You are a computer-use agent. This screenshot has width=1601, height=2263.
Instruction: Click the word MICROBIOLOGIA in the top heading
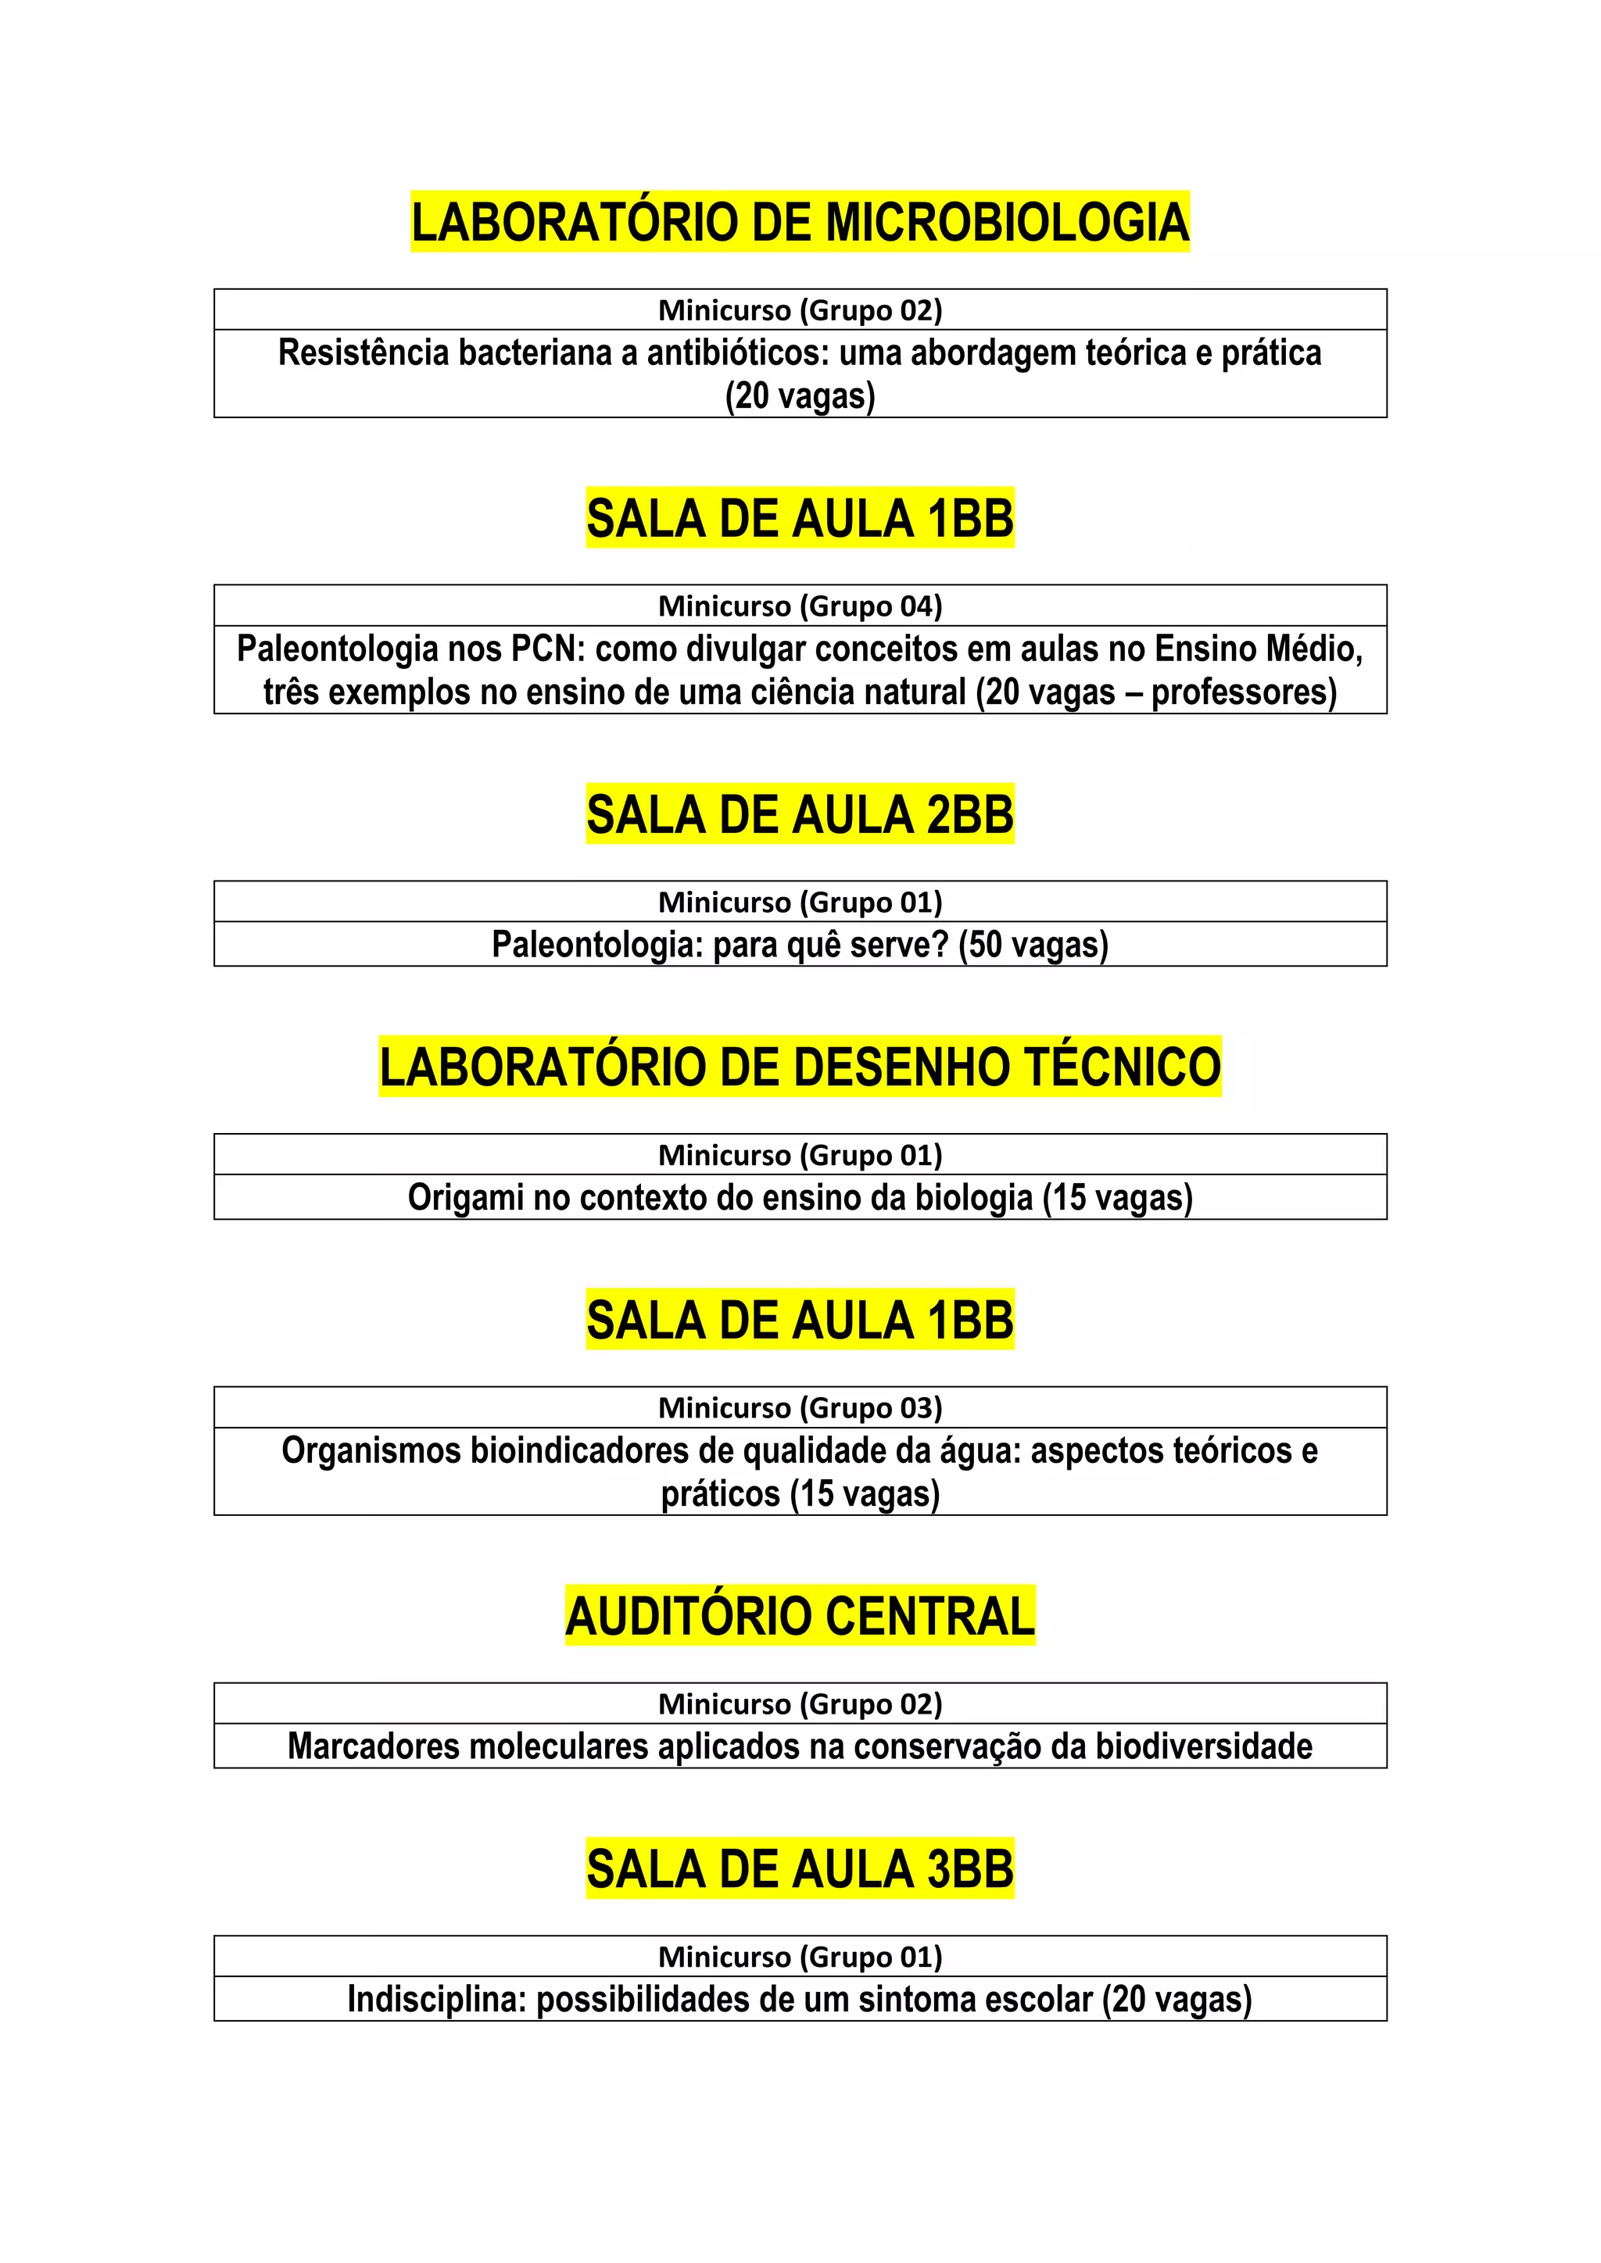click(1007, 222)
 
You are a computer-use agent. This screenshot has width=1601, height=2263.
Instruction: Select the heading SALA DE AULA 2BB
click(800, 815)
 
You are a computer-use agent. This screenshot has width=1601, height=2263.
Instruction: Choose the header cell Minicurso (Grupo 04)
click(800, 605)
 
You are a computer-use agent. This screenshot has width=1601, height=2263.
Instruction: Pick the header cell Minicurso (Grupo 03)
click(800, 1407)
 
